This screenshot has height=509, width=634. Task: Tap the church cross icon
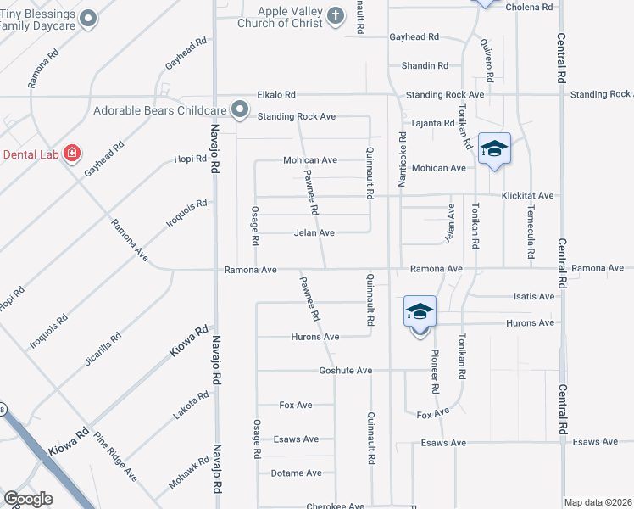(336, 15)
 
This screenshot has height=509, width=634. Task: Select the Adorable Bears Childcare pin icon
(240, 109)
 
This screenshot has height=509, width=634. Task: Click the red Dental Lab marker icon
(72, 153)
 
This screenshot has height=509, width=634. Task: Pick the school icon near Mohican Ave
(494, 150)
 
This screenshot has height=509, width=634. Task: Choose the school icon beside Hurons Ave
(420, 312)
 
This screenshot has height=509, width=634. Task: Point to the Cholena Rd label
(529, 7)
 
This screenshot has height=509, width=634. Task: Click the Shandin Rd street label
(425, 65)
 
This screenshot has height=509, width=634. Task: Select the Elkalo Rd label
(276, 95)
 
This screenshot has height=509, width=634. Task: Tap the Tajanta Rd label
(432, 123)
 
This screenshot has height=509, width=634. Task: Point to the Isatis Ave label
(534, 296)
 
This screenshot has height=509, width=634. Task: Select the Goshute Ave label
(346, 371)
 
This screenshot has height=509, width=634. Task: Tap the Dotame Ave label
(296, 473)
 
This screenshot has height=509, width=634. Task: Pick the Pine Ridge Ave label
(115, 457)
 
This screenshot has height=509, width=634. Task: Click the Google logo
(29, 499)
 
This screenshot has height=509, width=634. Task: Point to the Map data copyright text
(598, 502)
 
